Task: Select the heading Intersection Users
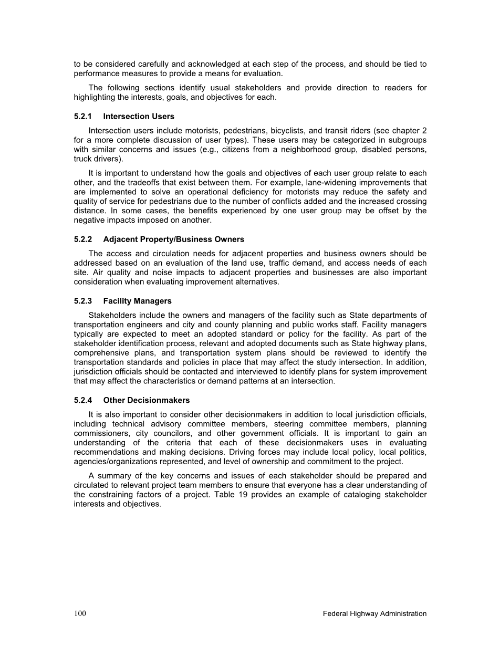pos(139,117)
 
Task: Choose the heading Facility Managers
pos(137,301)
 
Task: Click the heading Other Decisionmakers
pos(147,400)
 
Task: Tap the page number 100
pos(80,613)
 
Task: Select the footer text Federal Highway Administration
pos(374,613)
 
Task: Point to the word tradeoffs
pos(131,183)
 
